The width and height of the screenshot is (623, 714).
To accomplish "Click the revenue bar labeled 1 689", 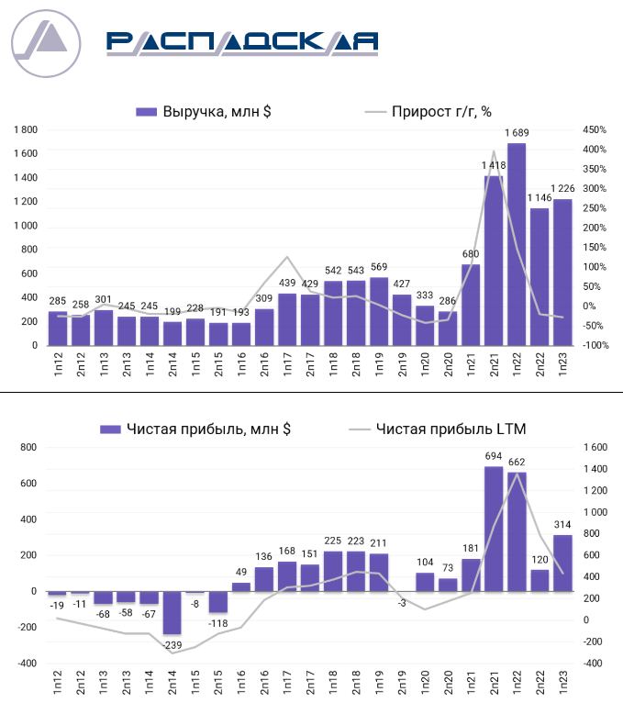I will pyautogui.click(x=517, y=244).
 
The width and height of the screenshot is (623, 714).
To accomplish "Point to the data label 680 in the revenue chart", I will pyautogui.click(x=471, y=254).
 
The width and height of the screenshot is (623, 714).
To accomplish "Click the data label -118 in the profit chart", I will pyautogui.click(x=218, y=624).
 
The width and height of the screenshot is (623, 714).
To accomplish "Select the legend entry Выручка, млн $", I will pyautogui.click(x=204, y=112).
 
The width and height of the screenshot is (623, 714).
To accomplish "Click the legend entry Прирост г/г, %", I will pyautogui.click(x=428, y=112).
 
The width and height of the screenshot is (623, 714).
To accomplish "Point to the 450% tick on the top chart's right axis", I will pyautogui.click(x=591, y=129).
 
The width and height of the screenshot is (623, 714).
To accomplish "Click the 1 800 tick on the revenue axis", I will pyautogui.click(x=25, y=129).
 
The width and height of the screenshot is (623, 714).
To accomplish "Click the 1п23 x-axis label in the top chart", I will pyautogui.click(x=562, y=365).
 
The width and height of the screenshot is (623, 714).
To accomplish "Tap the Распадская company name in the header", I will pyautogui.click(x=241, y=41).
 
